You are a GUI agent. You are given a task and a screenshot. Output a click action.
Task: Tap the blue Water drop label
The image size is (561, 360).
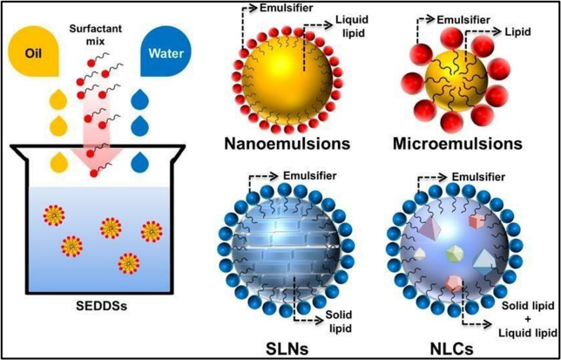(x=166, y=54)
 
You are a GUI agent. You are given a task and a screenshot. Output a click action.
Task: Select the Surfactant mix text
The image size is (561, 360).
(x=96, y=34)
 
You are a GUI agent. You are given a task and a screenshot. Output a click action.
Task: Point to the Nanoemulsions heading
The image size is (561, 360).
(x=287, y=144)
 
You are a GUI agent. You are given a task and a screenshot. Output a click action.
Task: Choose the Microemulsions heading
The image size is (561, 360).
(x=456, y=144)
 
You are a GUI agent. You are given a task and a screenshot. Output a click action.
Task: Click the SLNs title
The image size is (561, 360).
(x=287, y=348)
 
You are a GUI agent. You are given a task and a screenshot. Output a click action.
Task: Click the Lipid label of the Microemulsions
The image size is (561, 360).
(x=517, y=32)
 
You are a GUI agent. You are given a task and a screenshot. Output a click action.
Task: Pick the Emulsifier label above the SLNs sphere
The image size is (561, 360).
(x=309, y=176)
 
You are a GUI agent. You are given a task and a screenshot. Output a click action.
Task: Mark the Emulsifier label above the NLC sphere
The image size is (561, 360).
(x=479, y=176)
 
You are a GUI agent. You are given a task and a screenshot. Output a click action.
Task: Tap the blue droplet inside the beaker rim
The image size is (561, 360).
(x=139, y=162)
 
